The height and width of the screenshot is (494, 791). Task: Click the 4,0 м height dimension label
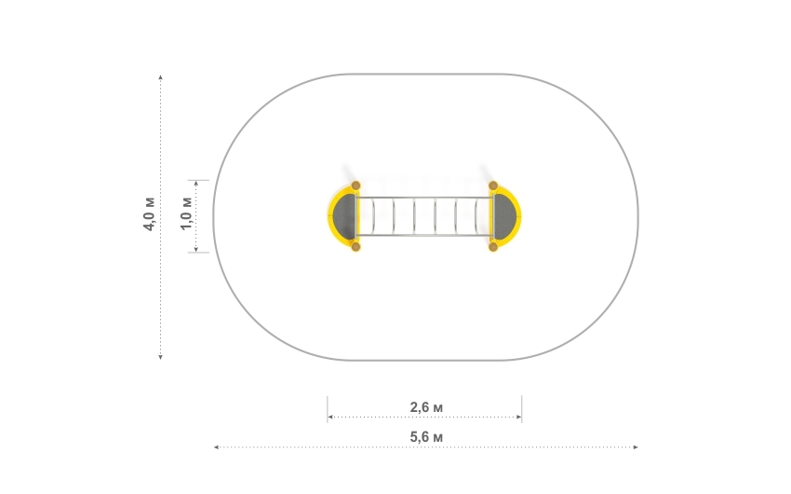tap(149, 213)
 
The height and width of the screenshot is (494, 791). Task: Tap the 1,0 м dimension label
tap(186, 213)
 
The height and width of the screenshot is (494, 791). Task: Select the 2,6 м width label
tap(426, 407)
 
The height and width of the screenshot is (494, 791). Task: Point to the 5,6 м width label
tap(426, 437)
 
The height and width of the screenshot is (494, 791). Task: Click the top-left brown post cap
tap(355, 185)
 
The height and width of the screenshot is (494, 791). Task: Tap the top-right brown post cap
tap(493, 185)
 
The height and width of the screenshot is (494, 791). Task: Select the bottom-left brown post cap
tap(355, 246)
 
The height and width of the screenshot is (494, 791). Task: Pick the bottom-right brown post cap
tap(493, 246)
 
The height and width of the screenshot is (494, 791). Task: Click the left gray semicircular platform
tap(345, 216)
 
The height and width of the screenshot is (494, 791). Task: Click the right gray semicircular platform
tap(504, 216)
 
